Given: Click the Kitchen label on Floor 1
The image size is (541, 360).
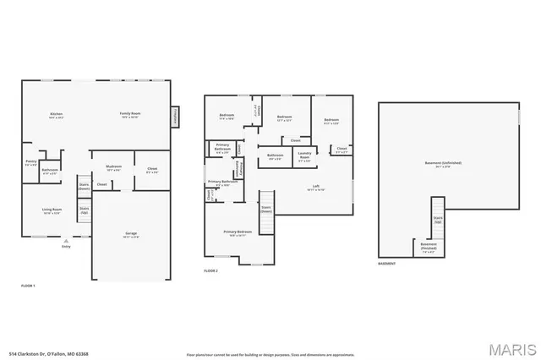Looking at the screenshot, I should pyautogui.click(x=57, y=114).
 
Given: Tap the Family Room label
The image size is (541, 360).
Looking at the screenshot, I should pyautogui.click(x=128, y=114).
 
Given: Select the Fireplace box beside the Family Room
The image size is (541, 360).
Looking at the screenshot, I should pyautogui.click(x=176, y=116).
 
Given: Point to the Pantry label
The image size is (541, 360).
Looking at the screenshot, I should pyautogui.click(x=31, y=161).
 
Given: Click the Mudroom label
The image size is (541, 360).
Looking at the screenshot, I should pyautogui.click(x=114, y=167).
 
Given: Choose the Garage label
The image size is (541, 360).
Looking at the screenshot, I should pyautogui.click(x=131, y=234).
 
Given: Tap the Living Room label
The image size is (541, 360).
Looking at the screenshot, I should pyautogui.click(x=52, y=210).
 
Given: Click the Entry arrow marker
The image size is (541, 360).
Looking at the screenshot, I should pyautogui.click(x=66, y=241).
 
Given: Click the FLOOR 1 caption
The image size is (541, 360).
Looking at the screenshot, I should pyautogui.click(x=29, y=287).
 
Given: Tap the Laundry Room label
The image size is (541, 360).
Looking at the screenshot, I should pyautogui.click(x=304, y=156).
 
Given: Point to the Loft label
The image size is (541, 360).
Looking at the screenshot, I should pyautogui.click(x=315, y=187).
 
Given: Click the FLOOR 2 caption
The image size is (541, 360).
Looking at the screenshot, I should pyautogui.click(x=210, y=271).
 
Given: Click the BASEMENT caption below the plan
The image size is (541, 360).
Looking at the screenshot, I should pyautogui.click(x=388, y=265).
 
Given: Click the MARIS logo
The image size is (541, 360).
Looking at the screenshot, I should pyautogui.click(x=510, y=347).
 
